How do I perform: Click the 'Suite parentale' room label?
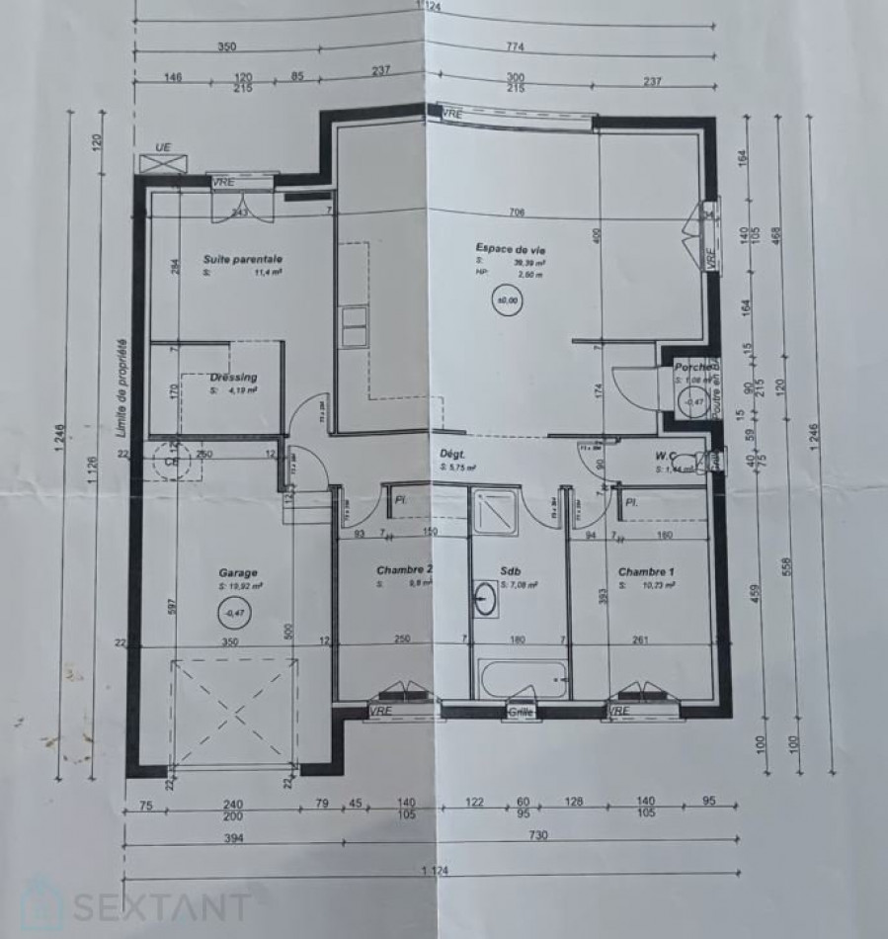(x=243, y=259)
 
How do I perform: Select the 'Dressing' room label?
(x=233, y=377)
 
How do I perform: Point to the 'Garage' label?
(x=238, y=572)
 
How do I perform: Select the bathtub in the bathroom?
(x=523, y=679)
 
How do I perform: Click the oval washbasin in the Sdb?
(x=485, y=599)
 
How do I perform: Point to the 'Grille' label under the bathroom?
(x=521, y=712)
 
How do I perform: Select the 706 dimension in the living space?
(x=514, y=212)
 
